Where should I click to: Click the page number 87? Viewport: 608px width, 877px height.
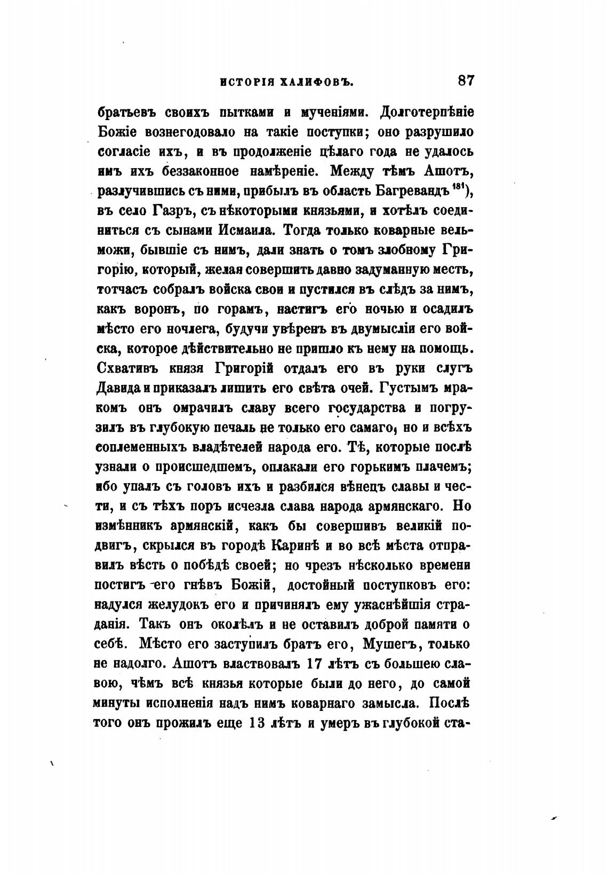[x=465, y=82]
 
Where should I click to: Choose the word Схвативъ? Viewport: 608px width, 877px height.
[x=128, y=368]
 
